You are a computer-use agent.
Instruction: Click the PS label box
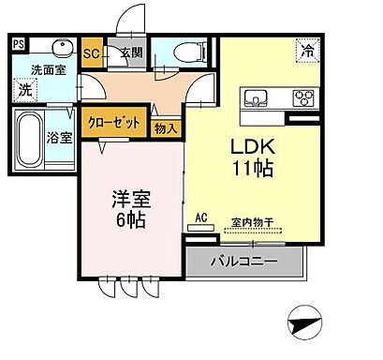click(x=19, y=43)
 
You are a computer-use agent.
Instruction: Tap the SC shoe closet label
click(x=91, y=52)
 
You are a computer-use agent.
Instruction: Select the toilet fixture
click(x=182, y=52)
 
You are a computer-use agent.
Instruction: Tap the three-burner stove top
click(x=303, y=97)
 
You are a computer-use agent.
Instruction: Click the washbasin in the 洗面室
click(x=62, y=49)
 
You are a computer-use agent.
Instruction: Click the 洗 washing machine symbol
click(x=25, y=90)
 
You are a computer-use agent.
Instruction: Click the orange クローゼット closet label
click(x=115, y=123)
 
